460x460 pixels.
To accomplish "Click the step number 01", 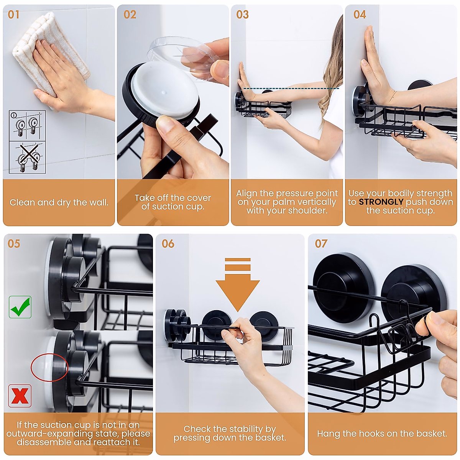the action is [13, 15].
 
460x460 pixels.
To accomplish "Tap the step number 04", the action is [360, 15].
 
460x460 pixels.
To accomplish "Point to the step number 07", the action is [321, 244].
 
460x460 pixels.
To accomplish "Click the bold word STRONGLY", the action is [381, 202].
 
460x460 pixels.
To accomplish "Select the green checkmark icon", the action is [20, 307].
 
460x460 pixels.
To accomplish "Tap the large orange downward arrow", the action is [238, 284].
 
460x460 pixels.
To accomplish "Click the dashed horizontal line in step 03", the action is [291, 89].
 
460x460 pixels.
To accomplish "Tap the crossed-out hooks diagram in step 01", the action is [27, 157].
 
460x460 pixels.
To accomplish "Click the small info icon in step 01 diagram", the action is [14, 115].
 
